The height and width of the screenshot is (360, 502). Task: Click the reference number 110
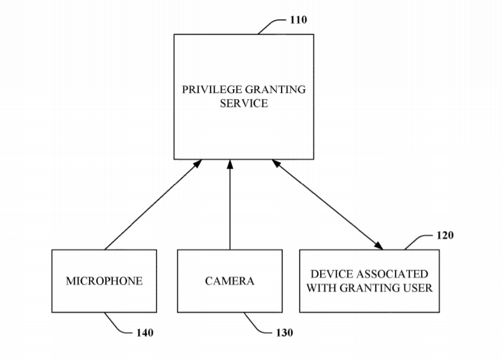[x=298, y=20]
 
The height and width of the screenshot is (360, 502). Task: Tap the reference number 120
[x=445, y=235]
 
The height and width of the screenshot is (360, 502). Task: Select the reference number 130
[x=284, y=333]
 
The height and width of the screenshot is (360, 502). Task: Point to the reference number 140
[x=144, y=333]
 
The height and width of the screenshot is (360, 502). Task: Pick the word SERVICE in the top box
[x=244, y=103]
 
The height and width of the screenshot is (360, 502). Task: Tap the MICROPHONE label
[x=105, y=281]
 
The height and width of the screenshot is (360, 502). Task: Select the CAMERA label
[x=230, y=281]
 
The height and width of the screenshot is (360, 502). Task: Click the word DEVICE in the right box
[x=332, y=274]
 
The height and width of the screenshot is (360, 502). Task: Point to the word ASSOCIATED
[x=392, y=274]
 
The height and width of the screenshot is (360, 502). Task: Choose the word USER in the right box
[x=418, y=288]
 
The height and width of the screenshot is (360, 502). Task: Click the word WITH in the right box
[x=321, y=288]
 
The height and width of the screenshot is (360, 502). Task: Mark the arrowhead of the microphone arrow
[x=198, y=163]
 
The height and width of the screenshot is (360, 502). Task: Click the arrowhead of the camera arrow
[x=230, y=164]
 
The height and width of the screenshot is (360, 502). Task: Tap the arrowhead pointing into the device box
[x=379, y=245]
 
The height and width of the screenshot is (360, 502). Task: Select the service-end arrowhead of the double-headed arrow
[x=276, y=163]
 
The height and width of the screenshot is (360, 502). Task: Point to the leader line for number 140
[x=116, y=325]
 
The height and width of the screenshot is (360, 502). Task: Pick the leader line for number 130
[x=256, y=325]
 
